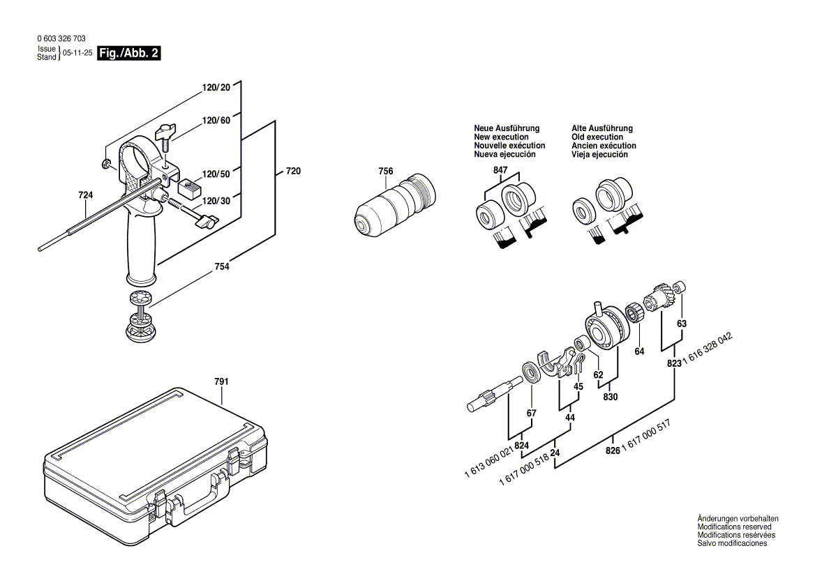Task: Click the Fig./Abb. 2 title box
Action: click(x=130, y=53)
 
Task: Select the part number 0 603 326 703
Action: click(x=61, y=40)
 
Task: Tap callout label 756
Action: click(x=386, y=172)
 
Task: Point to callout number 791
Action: click(x=221, y=381)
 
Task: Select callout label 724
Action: click(x=85, y=195)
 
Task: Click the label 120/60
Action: click(x=216, y=121)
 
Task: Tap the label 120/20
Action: click(x=216, y=87)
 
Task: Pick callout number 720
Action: click(x=293, y=171)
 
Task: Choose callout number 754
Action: click(x=222, y=266)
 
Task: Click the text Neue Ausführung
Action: click(x=507, y=128)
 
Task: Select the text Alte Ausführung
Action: click(x=602, y=128)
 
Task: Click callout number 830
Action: click(x=611, y=397)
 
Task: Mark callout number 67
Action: click(x=532, y=414)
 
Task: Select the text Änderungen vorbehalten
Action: click(x=738, y=519)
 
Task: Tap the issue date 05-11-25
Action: click(x=77, y=53)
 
